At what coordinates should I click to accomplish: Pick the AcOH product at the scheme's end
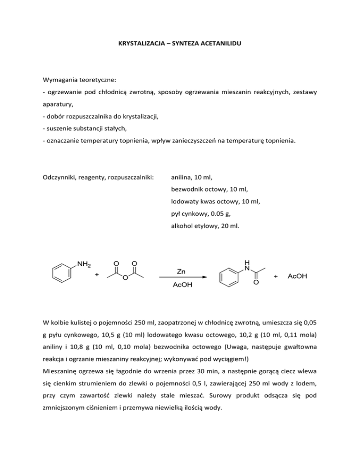click(x=297, y=277)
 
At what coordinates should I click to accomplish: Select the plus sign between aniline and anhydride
click(x=97, y=276)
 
